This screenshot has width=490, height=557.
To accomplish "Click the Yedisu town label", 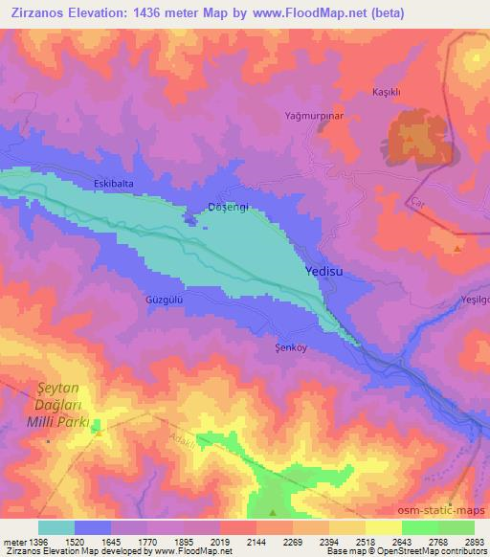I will (x=323, y=272).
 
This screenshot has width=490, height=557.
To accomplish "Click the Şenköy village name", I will (x=290, y=348).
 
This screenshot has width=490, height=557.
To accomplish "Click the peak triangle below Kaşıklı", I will (x=409, y=139).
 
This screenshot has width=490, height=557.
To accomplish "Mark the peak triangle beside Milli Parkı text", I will (x=98, y=434).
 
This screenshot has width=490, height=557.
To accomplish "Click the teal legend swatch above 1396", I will (x=56, y=527).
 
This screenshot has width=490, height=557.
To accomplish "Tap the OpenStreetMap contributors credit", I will (x=430, y=552).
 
